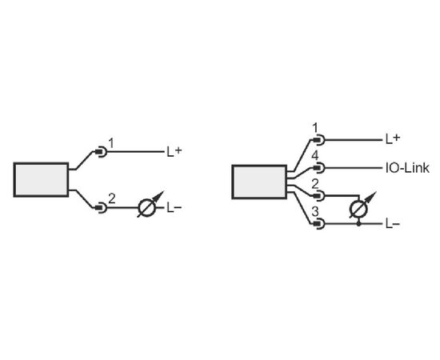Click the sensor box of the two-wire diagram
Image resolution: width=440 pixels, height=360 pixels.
41,179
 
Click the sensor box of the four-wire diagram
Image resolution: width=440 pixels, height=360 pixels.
259,182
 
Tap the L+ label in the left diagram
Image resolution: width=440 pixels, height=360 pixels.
174,152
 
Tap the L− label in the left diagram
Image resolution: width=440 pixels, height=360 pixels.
174,208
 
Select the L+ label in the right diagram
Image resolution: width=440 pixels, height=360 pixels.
393,139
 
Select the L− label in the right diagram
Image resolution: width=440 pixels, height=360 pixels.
393,224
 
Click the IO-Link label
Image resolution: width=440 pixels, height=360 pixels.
407,168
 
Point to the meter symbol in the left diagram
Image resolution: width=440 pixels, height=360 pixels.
150,206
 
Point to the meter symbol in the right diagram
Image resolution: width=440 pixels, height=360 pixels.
361,206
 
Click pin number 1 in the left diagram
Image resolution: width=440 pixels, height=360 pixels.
111,144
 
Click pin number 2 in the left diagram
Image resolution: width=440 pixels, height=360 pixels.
112,199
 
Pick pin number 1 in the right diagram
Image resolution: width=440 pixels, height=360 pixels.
315,128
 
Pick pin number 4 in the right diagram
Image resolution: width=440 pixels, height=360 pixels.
315,156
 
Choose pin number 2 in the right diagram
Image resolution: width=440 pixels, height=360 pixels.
315,184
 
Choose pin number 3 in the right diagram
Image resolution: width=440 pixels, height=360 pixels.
315,212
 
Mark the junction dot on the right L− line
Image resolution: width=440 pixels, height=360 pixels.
358,224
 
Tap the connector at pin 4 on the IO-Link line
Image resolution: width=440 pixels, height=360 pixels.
319,168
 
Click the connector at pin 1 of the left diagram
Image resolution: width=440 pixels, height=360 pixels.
102,152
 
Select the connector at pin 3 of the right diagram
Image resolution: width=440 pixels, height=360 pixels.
319,224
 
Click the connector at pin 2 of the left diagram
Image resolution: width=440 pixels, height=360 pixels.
102,208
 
